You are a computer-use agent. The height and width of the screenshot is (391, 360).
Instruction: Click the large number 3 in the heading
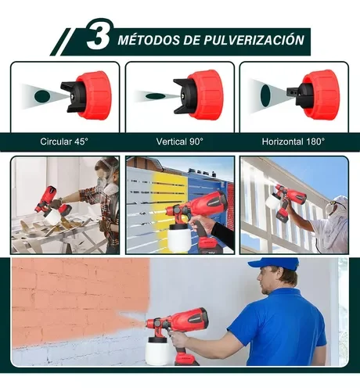point(98,35)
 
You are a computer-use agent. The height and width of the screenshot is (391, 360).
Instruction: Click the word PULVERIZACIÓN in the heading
point(254,40)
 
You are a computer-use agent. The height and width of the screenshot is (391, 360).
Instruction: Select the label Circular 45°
point(64,142)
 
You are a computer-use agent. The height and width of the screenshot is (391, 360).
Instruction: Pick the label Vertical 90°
point(180,142)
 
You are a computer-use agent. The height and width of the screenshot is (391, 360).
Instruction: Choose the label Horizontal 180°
point(293,142)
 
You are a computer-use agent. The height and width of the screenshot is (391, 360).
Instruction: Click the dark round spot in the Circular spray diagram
point(42,96)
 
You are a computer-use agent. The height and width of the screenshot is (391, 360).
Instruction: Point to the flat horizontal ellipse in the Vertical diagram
point(156,96)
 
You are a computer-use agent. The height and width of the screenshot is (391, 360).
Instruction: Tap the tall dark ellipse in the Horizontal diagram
point(265,95)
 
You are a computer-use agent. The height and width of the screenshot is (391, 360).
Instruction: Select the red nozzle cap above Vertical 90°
point(206,95)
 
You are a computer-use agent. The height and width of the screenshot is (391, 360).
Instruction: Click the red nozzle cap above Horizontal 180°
point(322,95)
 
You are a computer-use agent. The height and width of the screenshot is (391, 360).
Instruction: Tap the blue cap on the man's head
point(273,264)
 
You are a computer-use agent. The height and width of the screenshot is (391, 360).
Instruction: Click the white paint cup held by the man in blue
point(157,351)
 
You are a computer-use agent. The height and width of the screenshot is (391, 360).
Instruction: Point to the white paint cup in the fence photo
point(178,237)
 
